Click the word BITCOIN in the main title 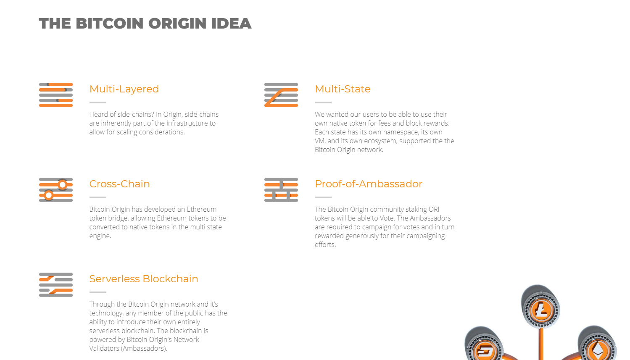tap(110, 24)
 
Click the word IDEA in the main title tap(231, 24)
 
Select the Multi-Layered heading tap(124, 89)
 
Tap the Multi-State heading tap(343, 89)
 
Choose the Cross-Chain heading tap(119, 184)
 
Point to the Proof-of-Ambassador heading tap(369, 184)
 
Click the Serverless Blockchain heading tap(144, 279)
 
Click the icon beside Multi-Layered tap(56, 95)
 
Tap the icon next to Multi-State tap(281, 95)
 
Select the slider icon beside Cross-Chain tap(56, 190)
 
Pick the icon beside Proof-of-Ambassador tap(281, 190)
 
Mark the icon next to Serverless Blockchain tap(56, 285)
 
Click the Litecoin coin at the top tap(541, 309)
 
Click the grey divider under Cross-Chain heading tap(98, 197)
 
